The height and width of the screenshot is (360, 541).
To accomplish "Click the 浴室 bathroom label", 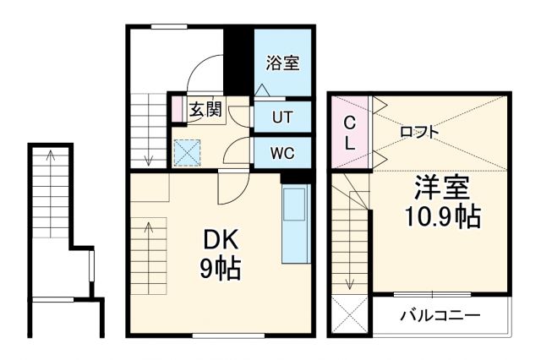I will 283,63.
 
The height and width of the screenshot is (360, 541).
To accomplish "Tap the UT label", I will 282,117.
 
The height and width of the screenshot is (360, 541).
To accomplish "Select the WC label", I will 282,153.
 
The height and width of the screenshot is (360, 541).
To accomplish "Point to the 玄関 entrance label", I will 205,109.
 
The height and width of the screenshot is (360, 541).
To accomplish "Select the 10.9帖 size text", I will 440,216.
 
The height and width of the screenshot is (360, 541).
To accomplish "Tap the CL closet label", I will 348,133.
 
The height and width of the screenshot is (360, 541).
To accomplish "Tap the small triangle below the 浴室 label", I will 262,89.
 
